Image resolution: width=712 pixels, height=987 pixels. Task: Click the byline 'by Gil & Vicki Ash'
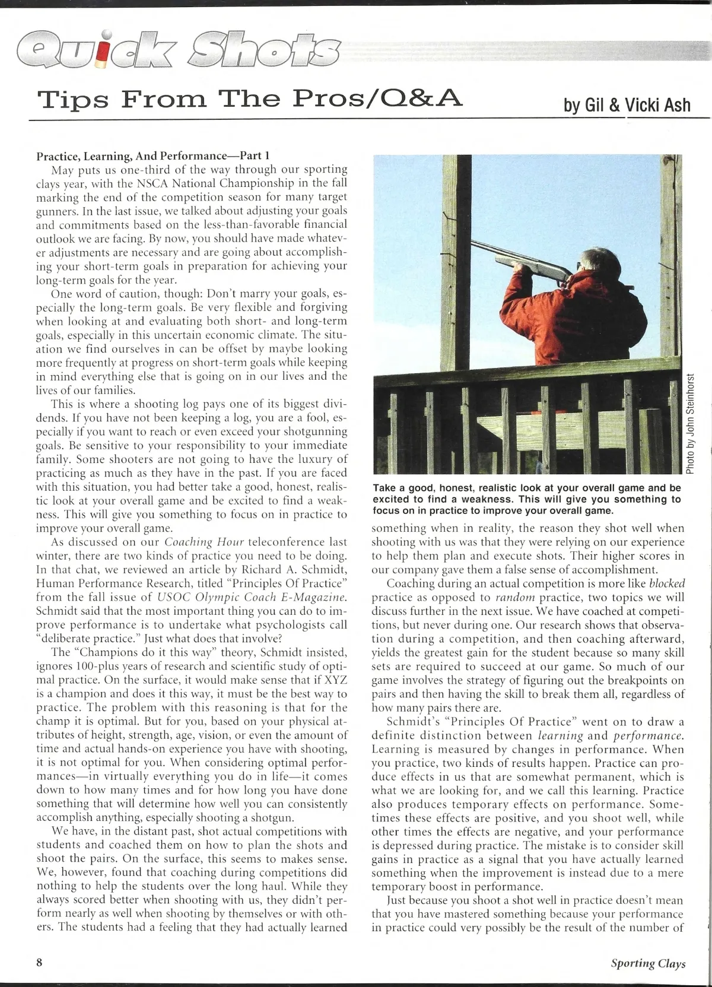627,105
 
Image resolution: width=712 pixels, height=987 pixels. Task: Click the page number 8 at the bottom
40,963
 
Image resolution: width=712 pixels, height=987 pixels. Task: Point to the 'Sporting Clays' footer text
648,963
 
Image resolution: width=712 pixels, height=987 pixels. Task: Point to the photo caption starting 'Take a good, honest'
527,499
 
